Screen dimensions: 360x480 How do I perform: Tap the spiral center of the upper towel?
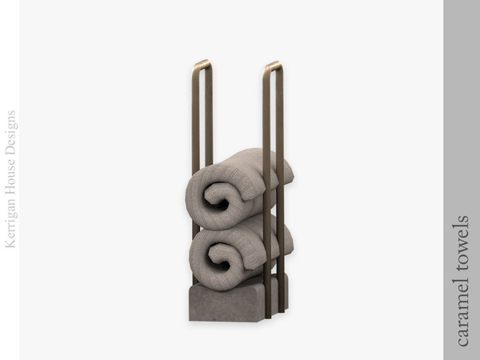[218, 198]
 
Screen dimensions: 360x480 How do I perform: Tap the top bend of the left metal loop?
[202, 62]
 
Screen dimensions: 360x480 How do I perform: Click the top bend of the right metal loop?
[272, 65]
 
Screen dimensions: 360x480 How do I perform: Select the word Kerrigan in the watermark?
[10, 221]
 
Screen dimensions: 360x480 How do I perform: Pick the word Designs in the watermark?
[10, 133]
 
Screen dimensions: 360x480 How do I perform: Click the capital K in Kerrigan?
[10, 243]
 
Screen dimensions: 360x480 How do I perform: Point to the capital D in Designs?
[10, 151]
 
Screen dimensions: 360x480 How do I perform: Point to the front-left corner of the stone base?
[191, 318]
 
